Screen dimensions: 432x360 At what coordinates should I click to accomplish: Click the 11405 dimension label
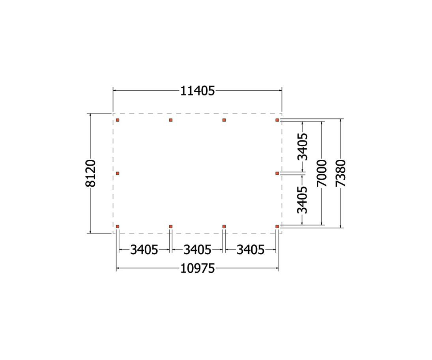click(x=197, y=91)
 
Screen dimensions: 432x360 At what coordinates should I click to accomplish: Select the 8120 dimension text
click(x=90, y=173)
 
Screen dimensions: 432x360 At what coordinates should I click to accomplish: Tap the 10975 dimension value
click(x=197, y=268)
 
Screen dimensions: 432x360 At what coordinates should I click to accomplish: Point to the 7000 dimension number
click(x=322, y=173)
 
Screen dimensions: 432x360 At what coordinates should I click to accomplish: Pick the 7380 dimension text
click(x=340, y=173)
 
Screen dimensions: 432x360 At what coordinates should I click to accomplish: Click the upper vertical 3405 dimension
click(x=302, y=147)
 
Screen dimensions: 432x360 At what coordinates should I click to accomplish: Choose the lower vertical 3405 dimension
click(x=302, y=200)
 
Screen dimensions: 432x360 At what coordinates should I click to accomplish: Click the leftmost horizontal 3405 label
click(x=144, y=250)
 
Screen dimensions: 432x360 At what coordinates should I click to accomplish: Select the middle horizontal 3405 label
click(x=197, y=250)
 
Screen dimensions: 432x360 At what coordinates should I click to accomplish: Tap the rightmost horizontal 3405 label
click(x=251, y=250)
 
